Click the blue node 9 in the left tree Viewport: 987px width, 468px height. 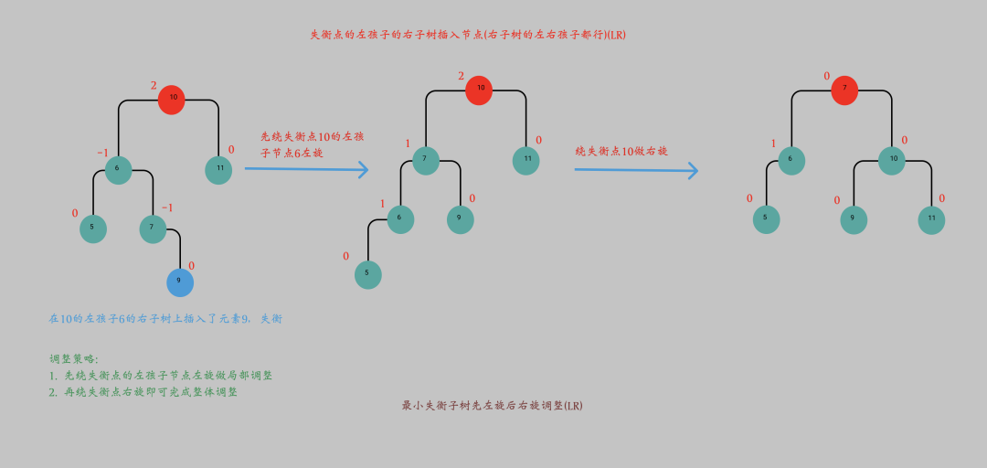(180, 282)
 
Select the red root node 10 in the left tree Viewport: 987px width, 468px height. (172, 99)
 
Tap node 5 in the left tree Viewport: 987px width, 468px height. (93, 229)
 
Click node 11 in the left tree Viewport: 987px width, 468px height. (218, 170)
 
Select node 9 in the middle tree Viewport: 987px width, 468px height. (460, 219)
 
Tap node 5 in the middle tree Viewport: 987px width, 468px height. (367, 274)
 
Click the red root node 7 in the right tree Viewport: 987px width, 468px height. (844, 90)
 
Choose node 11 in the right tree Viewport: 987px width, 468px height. (931, 220)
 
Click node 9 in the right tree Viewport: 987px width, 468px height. (853, 220)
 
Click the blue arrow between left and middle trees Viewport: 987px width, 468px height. (306, 169)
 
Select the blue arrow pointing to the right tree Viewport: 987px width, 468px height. (636, 170)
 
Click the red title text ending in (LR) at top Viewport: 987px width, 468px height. (467, 35)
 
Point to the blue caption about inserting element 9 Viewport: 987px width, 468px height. (164, 319)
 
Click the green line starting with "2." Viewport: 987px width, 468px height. (143, 392)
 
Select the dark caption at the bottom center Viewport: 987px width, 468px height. (492, 405)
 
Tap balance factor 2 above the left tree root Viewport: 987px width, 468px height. (154, 85)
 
